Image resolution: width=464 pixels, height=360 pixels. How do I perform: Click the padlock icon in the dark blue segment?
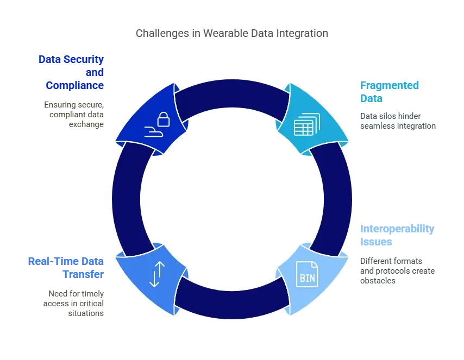click(x=164, y=119)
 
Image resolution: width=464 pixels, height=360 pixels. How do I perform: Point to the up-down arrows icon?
click(x=155, y=274)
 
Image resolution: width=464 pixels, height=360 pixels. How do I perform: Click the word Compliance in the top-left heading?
click(x=74, y=85)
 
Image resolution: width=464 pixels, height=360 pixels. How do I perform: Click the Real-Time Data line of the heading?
click(x=65, y=261)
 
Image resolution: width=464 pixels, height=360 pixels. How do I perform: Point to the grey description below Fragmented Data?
click(x=397, y=121)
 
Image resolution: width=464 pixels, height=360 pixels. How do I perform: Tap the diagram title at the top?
click(x=232, y=34)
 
